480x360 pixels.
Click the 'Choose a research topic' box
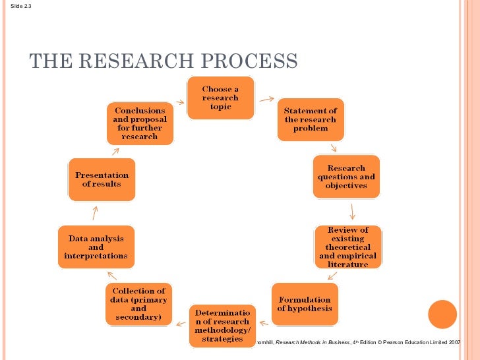220,98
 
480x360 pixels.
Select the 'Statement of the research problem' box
310,119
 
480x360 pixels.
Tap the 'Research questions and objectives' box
346,177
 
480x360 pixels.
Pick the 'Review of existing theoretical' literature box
347,247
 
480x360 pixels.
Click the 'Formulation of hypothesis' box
305,303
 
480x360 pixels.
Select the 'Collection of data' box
138,304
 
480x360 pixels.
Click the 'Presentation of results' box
102,179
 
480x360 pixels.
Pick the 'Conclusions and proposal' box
140,123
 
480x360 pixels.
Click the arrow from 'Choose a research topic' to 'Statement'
266,100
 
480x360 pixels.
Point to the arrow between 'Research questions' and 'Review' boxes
353,211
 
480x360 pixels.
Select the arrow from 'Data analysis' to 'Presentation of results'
96,212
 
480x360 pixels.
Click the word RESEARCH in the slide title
129,61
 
